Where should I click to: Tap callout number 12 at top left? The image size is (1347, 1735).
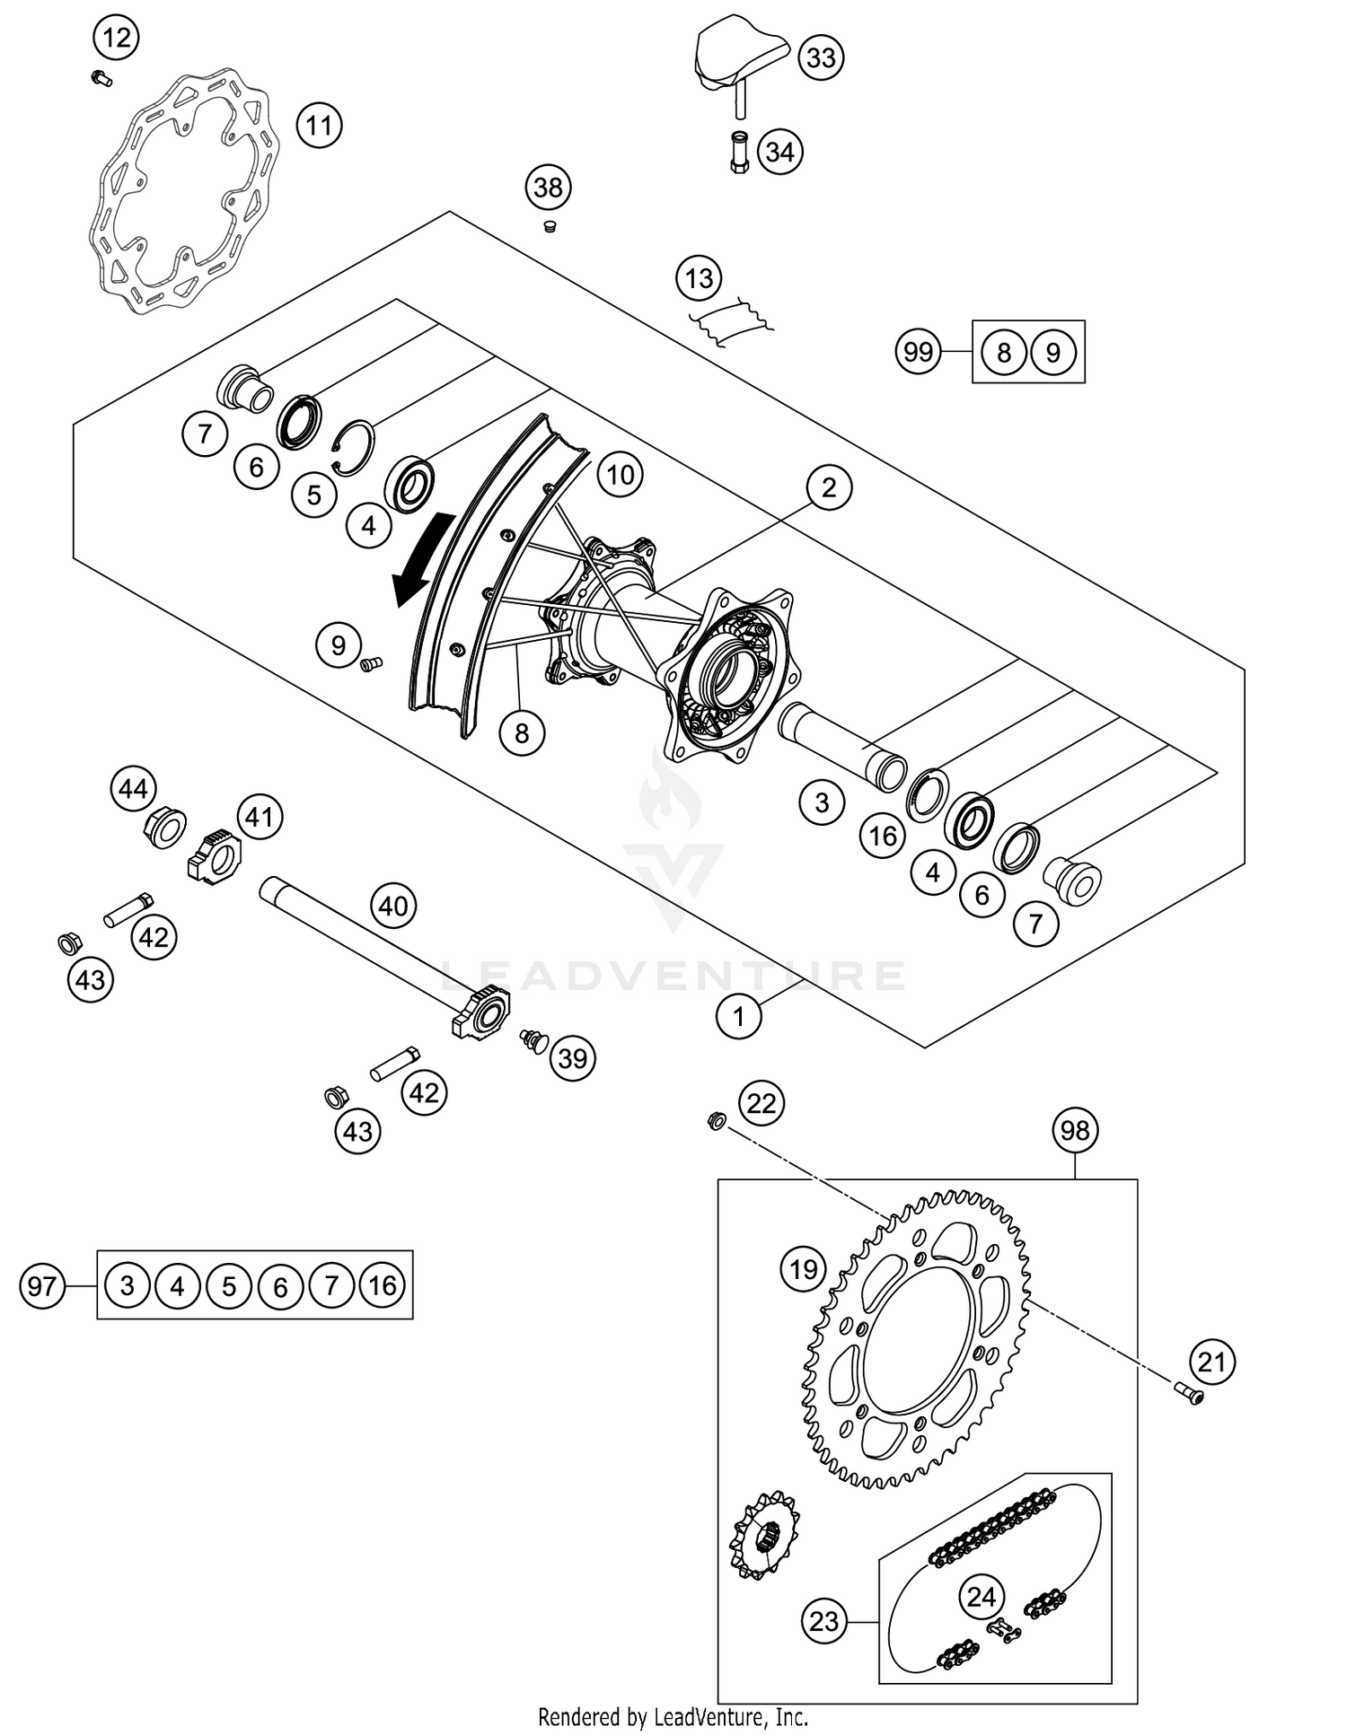pyautogui.click(x=117, y=39)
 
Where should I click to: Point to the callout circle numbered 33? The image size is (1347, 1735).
pyautogui.click(x=821, y=57)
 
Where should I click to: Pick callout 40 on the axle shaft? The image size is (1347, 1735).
pyautogui.click(x=393, y=906)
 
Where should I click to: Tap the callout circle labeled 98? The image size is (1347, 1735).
pyautogui.click(x=1075, y=1130)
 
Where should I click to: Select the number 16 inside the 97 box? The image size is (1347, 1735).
pyautogui.click(x=383, y=1286)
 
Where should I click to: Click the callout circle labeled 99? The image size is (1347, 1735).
pyautogui.click(x=918, y=351)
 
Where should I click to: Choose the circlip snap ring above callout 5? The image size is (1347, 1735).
pyautogui.click(x=356, y=444)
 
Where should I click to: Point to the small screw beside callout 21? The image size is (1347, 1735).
pyautogui.click(x=1188, y=1394)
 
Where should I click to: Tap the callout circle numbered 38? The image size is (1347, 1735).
pyautogui.click(x=548, y=188)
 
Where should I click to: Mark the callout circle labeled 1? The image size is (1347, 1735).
pyautogui.click(x=739, y=1016)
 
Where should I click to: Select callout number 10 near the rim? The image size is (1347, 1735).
pyautogui.click(x=621, y=474)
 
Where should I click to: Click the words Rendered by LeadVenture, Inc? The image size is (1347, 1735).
pyautogui.click(x=673, y=1717)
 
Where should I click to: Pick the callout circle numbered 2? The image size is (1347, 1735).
pyautogui.click(x=828, y=487)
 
